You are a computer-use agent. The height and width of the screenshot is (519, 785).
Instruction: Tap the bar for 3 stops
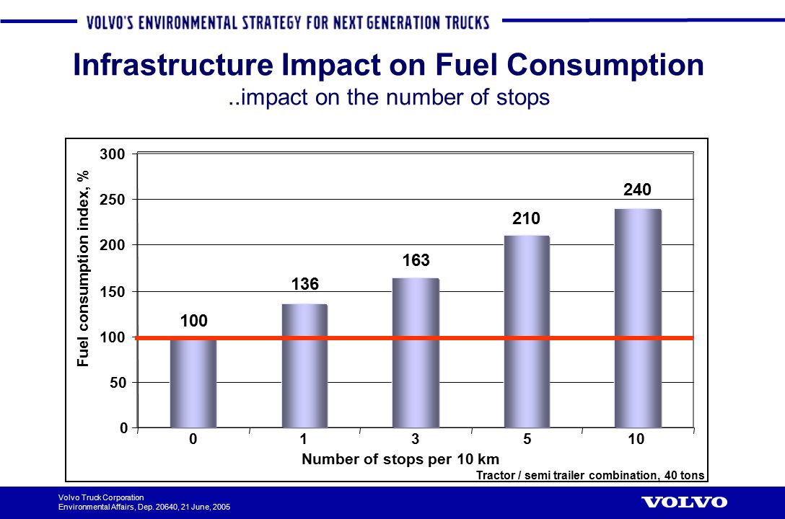[x=416, y=353]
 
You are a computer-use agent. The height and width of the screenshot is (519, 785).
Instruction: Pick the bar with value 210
[x=527, y=332]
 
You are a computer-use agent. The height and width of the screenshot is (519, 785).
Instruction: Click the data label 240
[x=638, y=190]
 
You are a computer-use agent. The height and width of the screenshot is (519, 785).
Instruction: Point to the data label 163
[x=416, y=259]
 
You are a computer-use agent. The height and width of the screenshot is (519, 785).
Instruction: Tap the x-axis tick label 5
[x=527, y=439]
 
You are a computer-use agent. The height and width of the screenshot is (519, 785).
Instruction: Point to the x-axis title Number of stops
[x=400, y=459]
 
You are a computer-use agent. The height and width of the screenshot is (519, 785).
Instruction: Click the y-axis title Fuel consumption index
[x=84, y=268]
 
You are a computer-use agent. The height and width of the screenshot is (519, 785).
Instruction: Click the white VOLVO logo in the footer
[x=684, y=502]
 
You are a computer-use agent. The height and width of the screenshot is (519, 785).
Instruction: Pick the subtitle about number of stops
[x=389, y=97]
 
